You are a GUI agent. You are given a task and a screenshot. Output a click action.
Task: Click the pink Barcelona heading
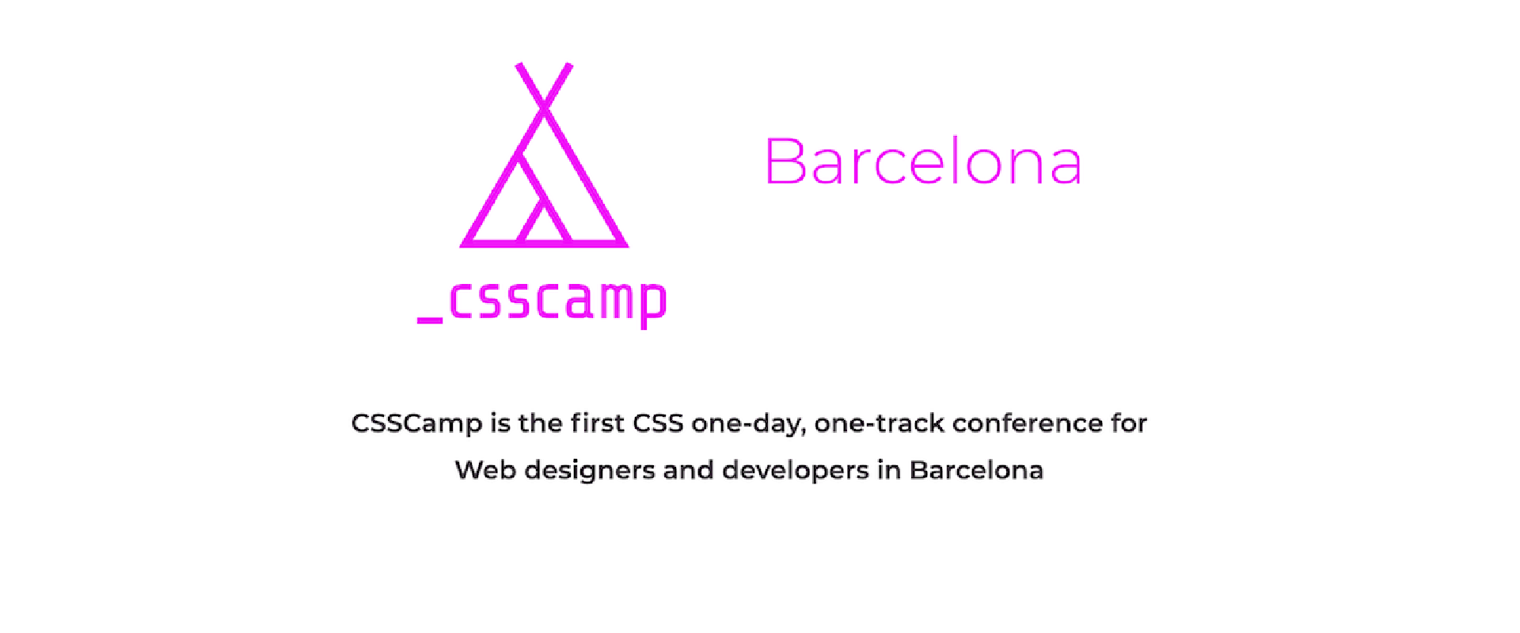[x=922, y=162]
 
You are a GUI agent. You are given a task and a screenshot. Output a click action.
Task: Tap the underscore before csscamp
[x=430, y=320]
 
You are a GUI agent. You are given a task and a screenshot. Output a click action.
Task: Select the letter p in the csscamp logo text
[x=653, y=305]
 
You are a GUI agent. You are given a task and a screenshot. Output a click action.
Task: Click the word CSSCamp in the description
[x=416, y=423]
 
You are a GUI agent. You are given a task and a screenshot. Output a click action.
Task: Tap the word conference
[x=1027, y=423]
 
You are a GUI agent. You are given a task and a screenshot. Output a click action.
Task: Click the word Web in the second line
[x=484, y=470]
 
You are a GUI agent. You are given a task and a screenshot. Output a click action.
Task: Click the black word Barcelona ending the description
[x=976, y=470]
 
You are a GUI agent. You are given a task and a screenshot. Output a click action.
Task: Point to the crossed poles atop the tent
[x=544, y=87]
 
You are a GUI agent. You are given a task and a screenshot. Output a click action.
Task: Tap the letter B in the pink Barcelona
[x=784, y=162]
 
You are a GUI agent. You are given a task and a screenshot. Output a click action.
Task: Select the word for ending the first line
[x=1129, y=423]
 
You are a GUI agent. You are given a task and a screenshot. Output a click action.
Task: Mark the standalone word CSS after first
[x=658, y=423]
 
